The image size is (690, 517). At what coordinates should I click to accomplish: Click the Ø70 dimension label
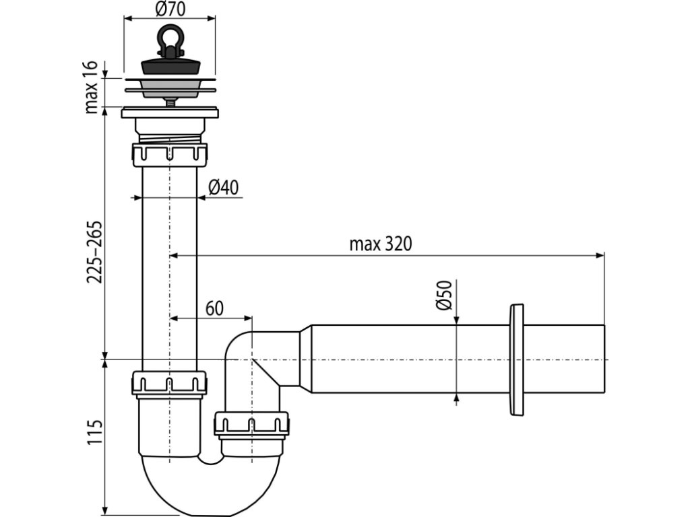pos(170,9)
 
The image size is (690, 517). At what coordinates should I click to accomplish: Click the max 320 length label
pos(380,244)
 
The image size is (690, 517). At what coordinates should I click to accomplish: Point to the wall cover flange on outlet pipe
pos(517,359)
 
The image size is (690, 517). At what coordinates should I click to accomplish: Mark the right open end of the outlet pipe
pos(602,359)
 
